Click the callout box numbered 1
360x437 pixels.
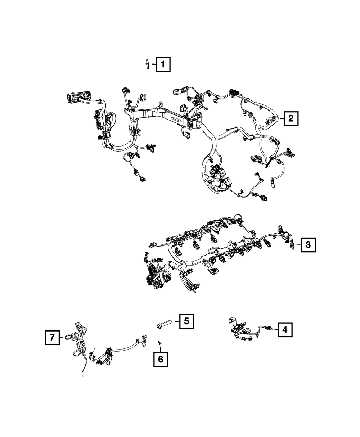click(x=163, y=65)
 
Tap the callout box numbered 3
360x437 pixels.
click(x=308, y=245)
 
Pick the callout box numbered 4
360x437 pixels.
click(x=285, y=329)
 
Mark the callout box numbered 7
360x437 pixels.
click(x=53, y=338)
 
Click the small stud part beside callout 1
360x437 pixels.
click(x=148, y=65)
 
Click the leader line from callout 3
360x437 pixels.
click(x=299, y=245)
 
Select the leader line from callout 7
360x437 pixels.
click(x=62, y=338)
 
